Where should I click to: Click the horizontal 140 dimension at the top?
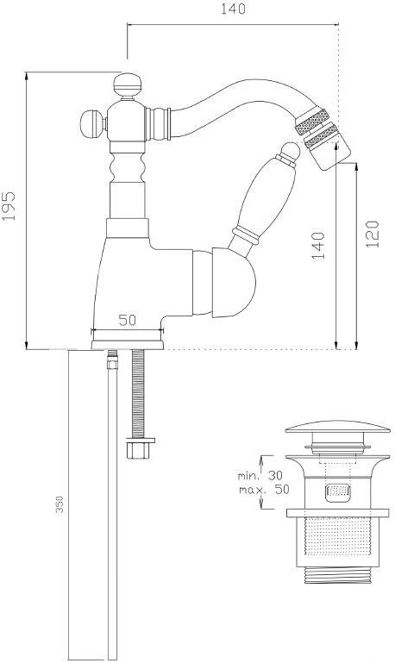tap(233, 10)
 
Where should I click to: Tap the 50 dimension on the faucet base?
tap(128, 320)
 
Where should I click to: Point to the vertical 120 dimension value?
tap(370, 235)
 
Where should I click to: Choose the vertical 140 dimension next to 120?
tap(318, 245)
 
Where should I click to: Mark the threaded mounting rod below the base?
tap(136, 392)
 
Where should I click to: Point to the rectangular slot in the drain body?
tap(337, 493)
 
